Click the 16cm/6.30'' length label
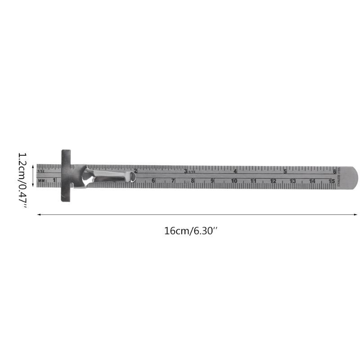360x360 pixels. [191, 231]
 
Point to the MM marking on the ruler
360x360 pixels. [42, 181]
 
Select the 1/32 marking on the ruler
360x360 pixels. [41, 171]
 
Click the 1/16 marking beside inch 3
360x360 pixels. [192, 171]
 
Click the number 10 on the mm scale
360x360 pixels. [234, 181]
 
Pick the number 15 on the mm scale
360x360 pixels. [332, 181]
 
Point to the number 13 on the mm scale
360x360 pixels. [292, 181]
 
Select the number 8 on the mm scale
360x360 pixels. [193, 181]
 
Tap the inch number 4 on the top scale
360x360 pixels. [235, 171]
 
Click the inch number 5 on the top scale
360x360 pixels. [285, 171]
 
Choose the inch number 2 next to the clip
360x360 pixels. [136, 171]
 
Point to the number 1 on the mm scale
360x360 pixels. [54, 181]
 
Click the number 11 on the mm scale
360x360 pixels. [253, 181]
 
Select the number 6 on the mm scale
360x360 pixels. [153, 181]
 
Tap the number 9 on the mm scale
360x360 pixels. [212, 181]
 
